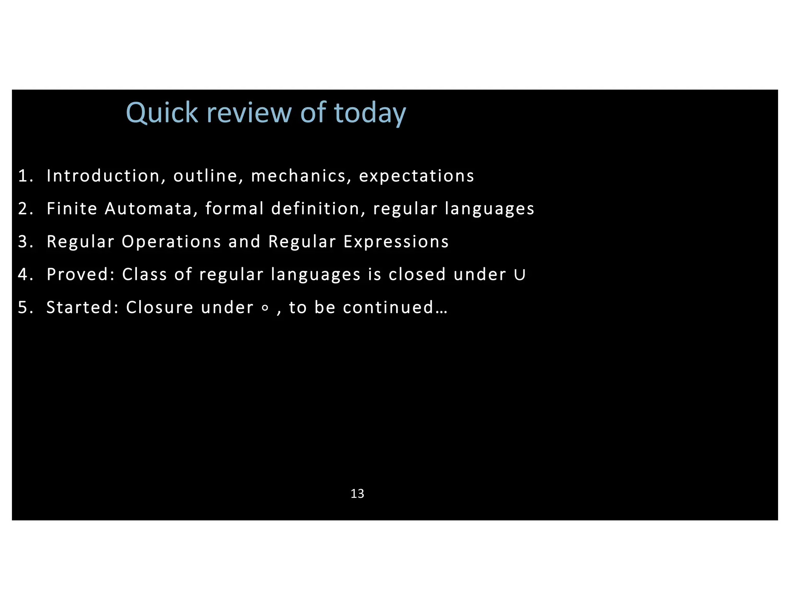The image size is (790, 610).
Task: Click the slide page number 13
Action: coord(357,494)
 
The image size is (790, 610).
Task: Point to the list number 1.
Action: coord(24,176)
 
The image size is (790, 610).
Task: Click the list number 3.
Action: coord(24,242)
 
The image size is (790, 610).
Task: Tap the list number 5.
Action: coord(24,308)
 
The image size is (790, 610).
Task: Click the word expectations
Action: coord(416,176)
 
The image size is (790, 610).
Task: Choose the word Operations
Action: coord(171,242)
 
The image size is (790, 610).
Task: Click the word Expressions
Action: coord(396,242)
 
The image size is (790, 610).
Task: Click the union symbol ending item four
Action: coord(520,275)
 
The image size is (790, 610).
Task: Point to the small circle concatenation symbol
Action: coord(265,308)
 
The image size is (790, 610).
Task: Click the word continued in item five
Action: coord(388,308)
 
